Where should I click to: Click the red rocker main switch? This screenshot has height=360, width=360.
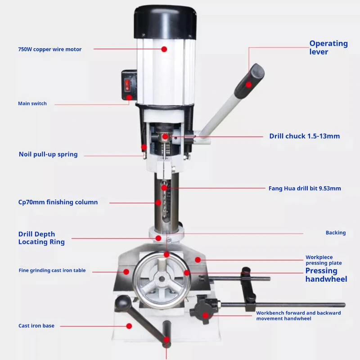[127, 85]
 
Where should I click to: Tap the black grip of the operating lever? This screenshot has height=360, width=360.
[250, 81]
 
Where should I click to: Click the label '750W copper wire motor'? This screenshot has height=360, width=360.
[50, 49]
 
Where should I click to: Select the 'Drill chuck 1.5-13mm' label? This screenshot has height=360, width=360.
[305, 136]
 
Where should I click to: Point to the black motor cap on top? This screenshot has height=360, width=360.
[165, 22]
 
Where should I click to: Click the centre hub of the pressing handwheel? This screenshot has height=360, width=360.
[162, 279]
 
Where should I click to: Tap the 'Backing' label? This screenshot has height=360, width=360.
[336, 233]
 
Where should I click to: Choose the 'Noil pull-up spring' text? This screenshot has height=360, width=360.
[48, 154]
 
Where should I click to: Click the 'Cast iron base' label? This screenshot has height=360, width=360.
[36, 325]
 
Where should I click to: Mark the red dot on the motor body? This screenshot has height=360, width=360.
[164, 49]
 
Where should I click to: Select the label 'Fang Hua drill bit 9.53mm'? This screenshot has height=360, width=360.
[305, 188]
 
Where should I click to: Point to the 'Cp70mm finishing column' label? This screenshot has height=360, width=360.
[58, 202]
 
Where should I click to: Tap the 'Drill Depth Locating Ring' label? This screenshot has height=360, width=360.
[41, 238]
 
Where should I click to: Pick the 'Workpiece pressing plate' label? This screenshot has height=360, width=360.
[324, 260]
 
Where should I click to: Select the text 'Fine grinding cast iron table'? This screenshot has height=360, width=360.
[52, 270]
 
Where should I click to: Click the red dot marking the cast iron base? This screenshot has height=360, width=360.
[129, 326]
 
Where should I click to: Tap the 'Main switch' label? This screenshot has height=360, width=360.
[32, 103]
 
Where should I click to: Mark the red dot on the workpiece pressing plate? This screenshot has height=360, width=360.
[198, 260]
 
